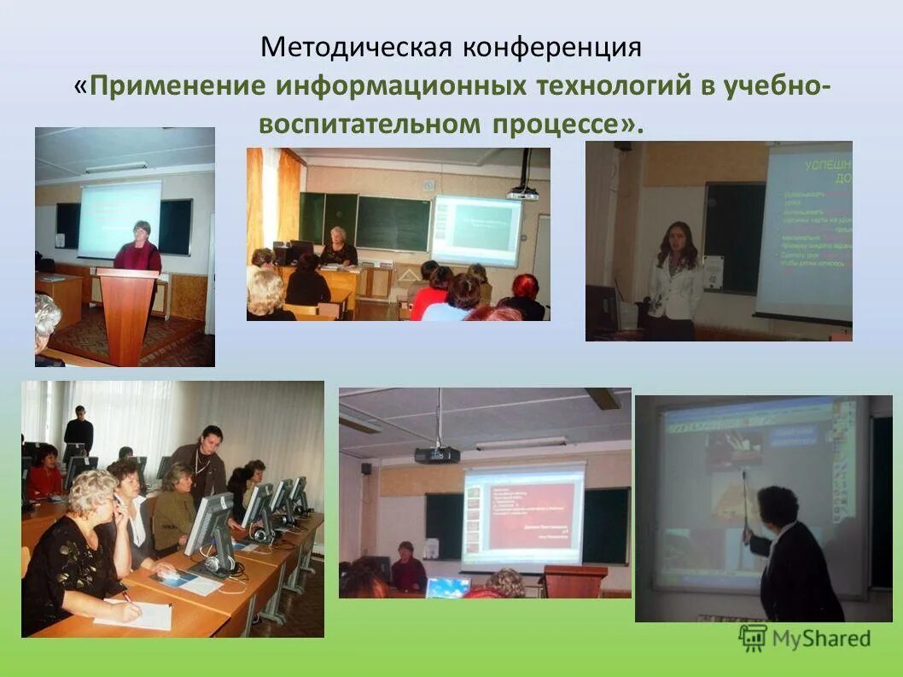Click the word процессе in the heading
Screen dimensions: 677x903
coord(555,125)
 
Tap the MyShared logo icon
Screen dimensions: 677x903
coord(753,638)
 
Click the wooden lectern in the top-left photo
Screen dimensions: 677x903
coord(127,312)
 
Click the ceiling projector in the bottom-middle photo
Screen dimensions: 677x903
coord(437,454)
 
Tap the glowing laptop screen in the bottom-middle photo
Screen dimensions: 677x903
coord(448,587)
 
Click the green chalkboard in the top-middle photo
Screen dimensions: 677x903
coord(393,222)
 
